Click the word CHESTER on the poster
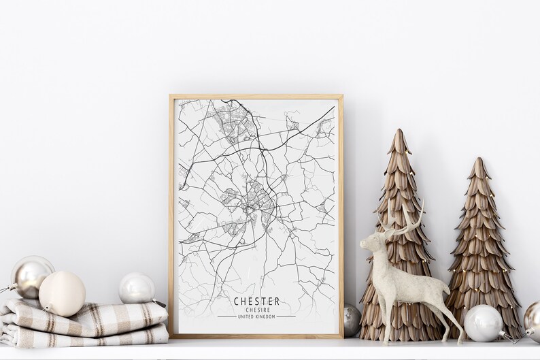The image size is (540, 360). (x=256, y=301)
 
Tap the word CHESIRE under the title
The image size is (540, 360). (x=256, y=310)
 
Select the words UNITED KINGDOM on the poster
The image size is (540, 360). (x=256, y=316)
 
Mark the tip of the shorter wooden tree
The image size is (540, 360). (x=479, y=161)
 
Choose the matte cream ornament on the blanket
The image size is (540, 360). (x=62, y=293)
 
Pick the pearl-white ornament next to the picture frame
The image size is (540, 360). (x=137, y=288)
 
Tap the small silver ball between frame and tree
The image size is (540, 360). (x=351, y=319)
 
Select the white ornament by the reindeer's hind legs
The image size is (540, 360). (x=482, y=323)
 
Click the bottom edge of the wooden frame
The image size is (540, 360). (x=256, y=336)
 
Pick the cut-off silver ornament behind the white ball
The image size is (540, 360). (x=532, y=319)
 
